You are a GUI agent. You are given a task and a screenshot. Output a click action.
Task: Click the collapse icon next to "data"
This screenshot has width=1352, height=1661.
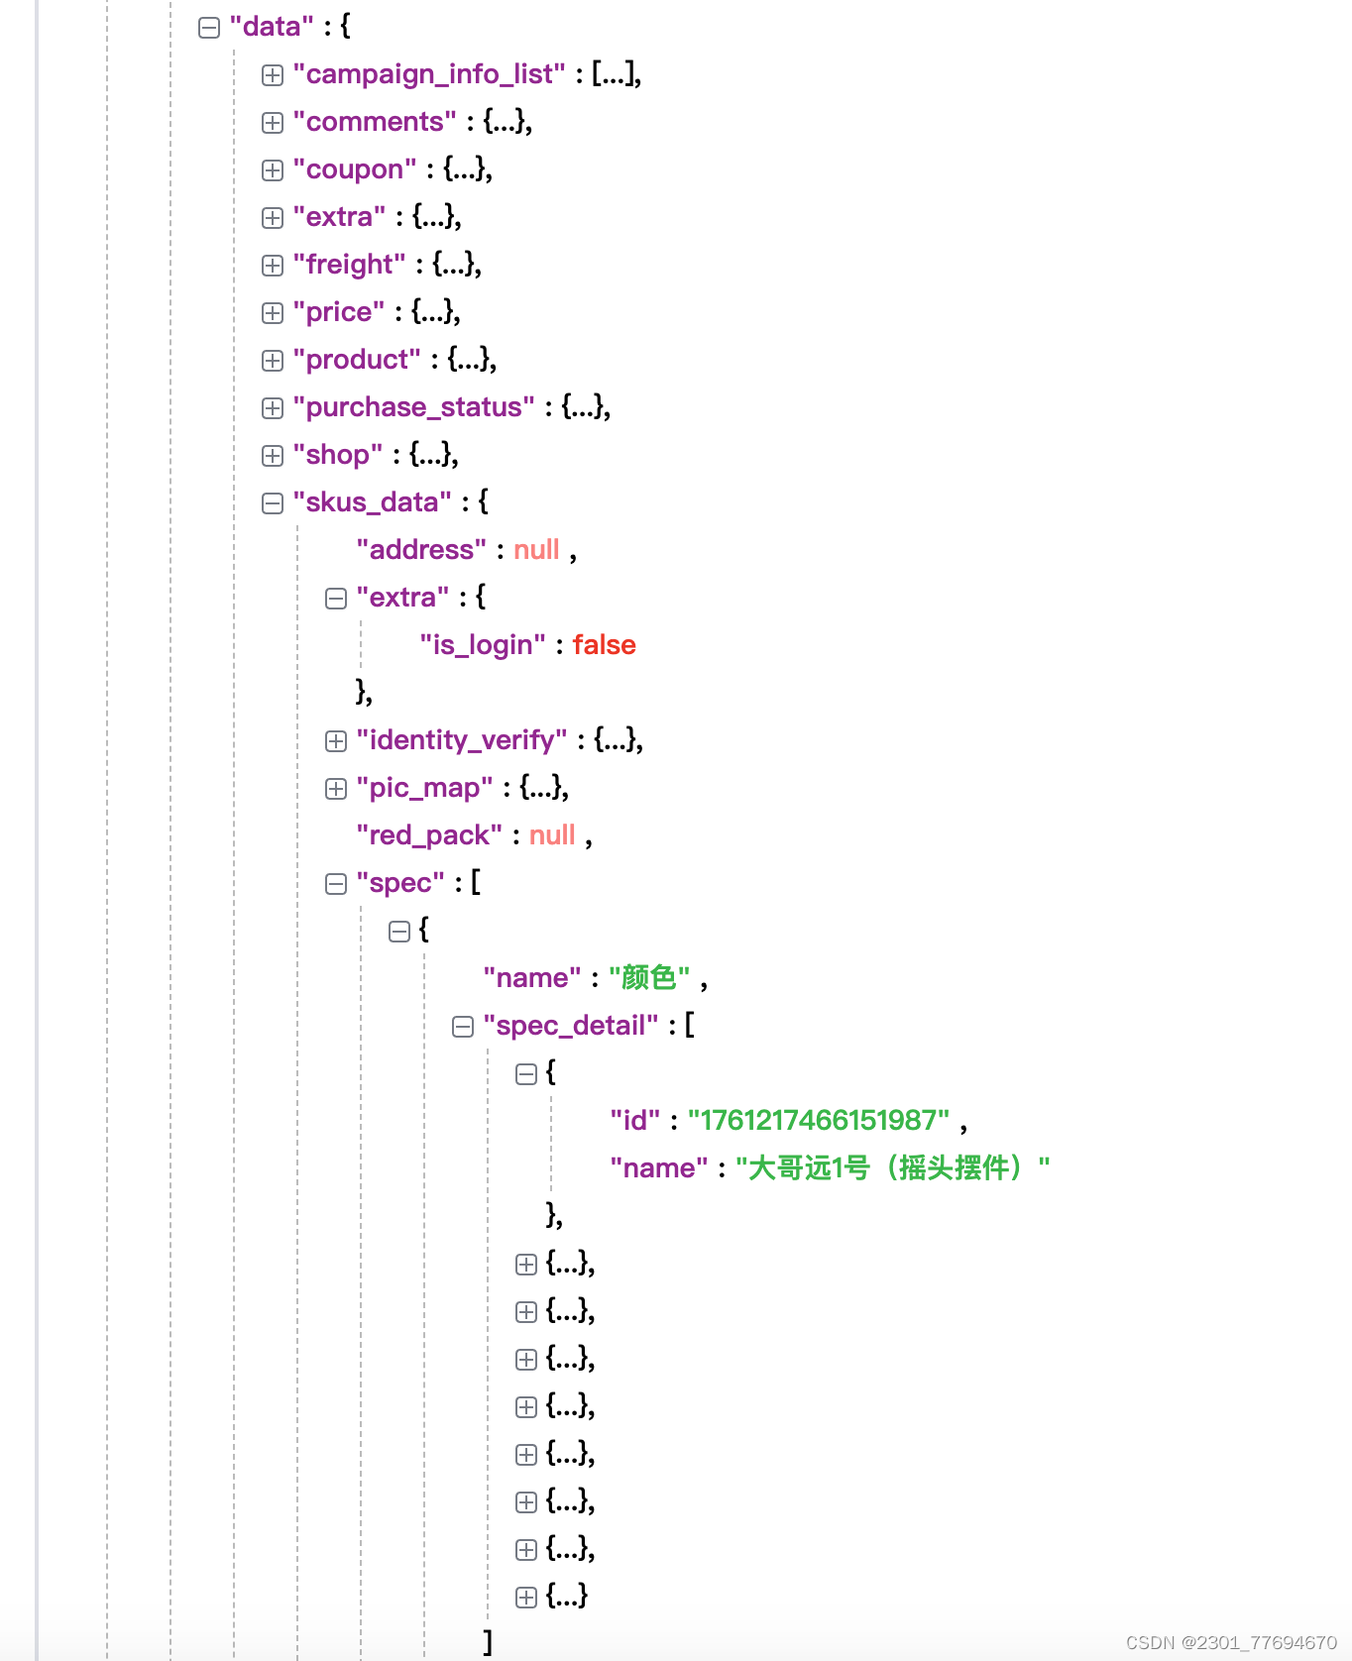(x=209, y=28)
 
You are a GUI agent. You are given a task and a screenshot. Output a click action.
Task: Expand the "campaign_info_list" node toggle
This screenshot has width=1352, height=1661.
(x=273, y=75)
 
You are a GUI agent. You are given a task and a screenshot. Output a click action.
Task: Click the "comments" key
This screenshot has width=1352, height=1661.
(x=375, y=122)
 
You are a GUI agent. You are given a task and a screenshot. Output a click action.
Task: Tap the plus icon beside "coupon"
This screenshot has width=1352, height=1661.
(x=273, y=170)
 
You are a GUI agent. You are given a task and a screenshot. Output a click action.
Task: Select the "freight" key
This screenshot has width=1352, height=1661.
(x=349, y=265)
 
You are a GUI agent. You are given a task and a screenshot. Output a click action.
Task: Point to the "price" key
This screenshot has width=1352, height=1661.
(x=339, y=312)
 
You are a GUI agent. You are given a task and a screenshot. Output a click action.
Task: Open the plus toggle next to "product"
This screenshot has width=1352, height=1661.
(x=273, y=361)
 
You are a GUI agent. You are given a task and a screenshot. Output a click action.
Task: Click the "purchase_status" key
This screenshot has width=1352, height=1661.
(x=413, y=407)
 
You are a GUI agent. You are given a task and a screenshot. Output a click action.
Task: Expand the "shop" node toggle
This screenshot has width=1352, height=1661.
(x=273, y=456)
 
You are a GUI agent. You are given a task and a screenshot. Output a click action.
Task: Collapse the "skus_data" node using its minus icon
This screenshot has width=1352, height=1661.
(x=273, y=503)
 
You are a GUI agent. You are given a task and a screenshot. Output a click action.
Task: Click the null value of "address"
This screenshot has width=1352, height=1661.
(x=536, y=550)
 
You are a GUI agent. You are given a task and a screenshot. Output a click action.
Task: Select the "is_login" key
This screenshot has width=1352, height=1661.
(x=483, y=645)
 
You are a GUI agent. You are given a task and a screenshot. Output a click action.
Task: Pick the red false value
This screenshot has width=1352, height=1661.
(x=604, y=645)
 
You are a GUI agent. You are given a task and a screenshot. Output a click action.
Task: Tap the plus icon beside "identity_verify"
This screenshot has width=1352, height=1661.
(x=336, y=741)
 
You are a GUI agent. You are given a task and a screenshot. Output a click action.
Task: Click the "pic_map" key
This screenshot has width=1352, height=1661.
(x=424, y=788)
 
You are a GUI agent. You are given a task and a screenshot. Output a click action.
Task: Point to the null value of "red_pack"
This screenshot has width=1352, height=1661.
(x=552, y=835)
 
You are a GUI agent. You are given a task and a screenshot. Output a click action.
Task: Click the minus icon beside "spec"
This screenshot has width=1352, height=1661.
(x=336, y=884)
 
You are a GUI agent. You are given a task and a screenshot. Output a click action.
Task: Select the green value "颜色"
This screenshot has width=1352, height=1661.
(x=649, y=978)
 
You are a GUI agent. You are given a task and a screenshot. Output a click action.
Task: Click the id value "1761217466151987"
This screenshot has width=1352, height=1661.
(x=819, y=1121)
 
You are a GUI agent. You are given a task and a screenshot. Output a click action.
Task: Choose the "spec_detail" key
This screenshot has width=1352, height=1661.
(x=571, y=1026)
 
